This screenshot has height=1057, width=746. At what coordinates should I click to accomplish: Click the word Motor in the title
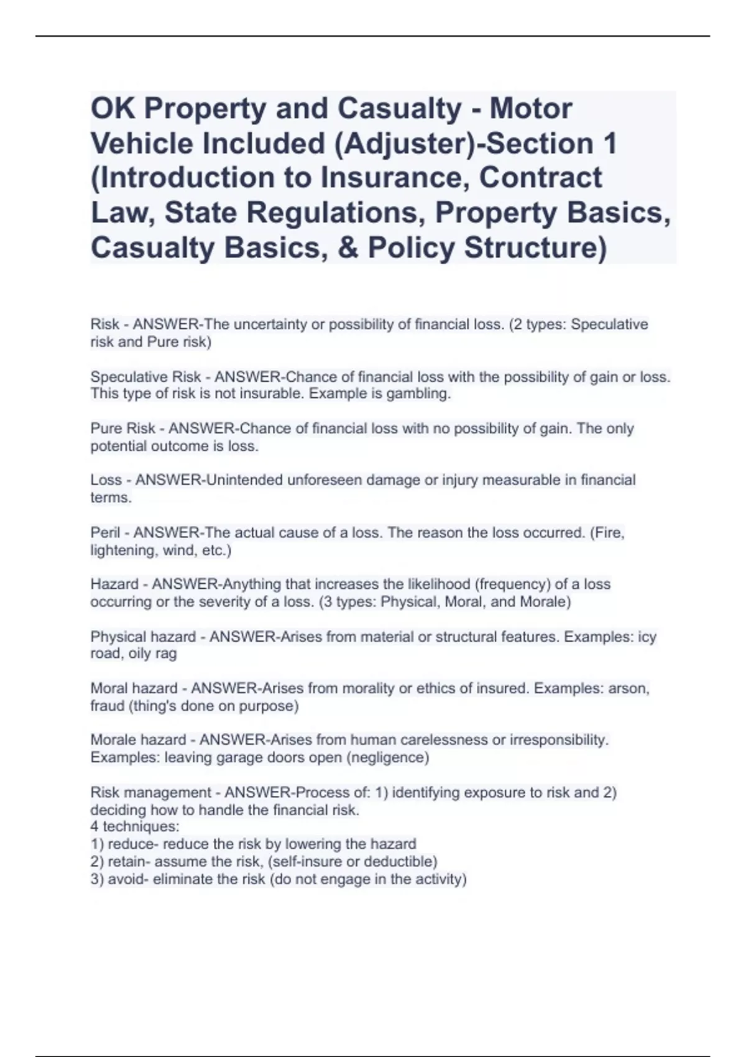tap(530, 109)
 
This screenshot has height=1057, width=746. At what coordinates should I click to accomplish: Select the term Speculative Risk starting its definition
tap(145, 377)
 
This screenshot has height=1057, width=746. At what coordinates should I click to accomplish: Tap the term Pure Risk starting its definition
tap(122, 428)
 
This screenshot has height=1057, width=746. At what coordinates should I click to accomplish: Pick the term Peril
tap(105, 532)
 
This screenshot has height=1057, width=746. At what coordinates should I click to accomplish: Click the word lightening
tap(122, 550)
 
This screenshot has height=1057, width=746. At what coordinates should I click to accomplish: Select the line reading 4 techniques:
tap(135, 826)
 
